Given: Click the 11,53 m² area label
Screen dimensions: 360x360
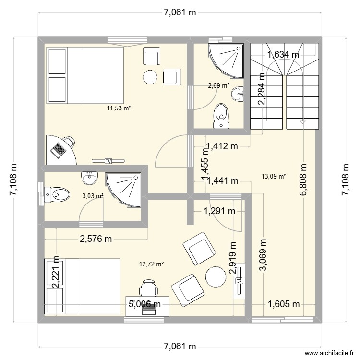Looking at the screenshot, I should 120,108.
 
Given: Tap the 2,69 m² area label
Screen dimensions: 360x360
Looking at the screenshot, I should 218,86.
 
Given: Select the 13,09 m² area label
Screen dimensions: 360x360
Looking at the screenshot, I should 274,176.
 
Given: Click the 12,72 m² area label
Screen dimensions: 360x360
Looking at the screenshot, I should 152,264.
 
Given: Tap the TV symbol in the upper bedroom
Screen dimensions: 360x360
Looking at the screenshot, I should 108,161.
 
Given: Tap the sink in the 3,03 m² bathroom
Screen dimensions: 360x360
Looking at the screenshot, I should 90,178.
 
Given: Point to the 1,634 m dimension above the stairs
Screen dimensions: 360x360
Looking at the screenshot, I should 283,55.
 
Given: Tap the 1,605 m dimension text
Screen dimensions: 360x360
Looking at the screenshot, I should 284,303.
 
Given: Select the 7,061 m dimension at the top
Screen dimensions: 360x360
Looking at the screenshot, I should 180,13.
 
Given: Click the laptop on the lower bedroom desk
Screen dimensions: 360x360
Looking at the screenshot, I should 149,312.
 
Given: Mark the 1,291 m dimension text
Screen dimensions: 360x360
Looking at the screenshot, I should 220,210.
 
